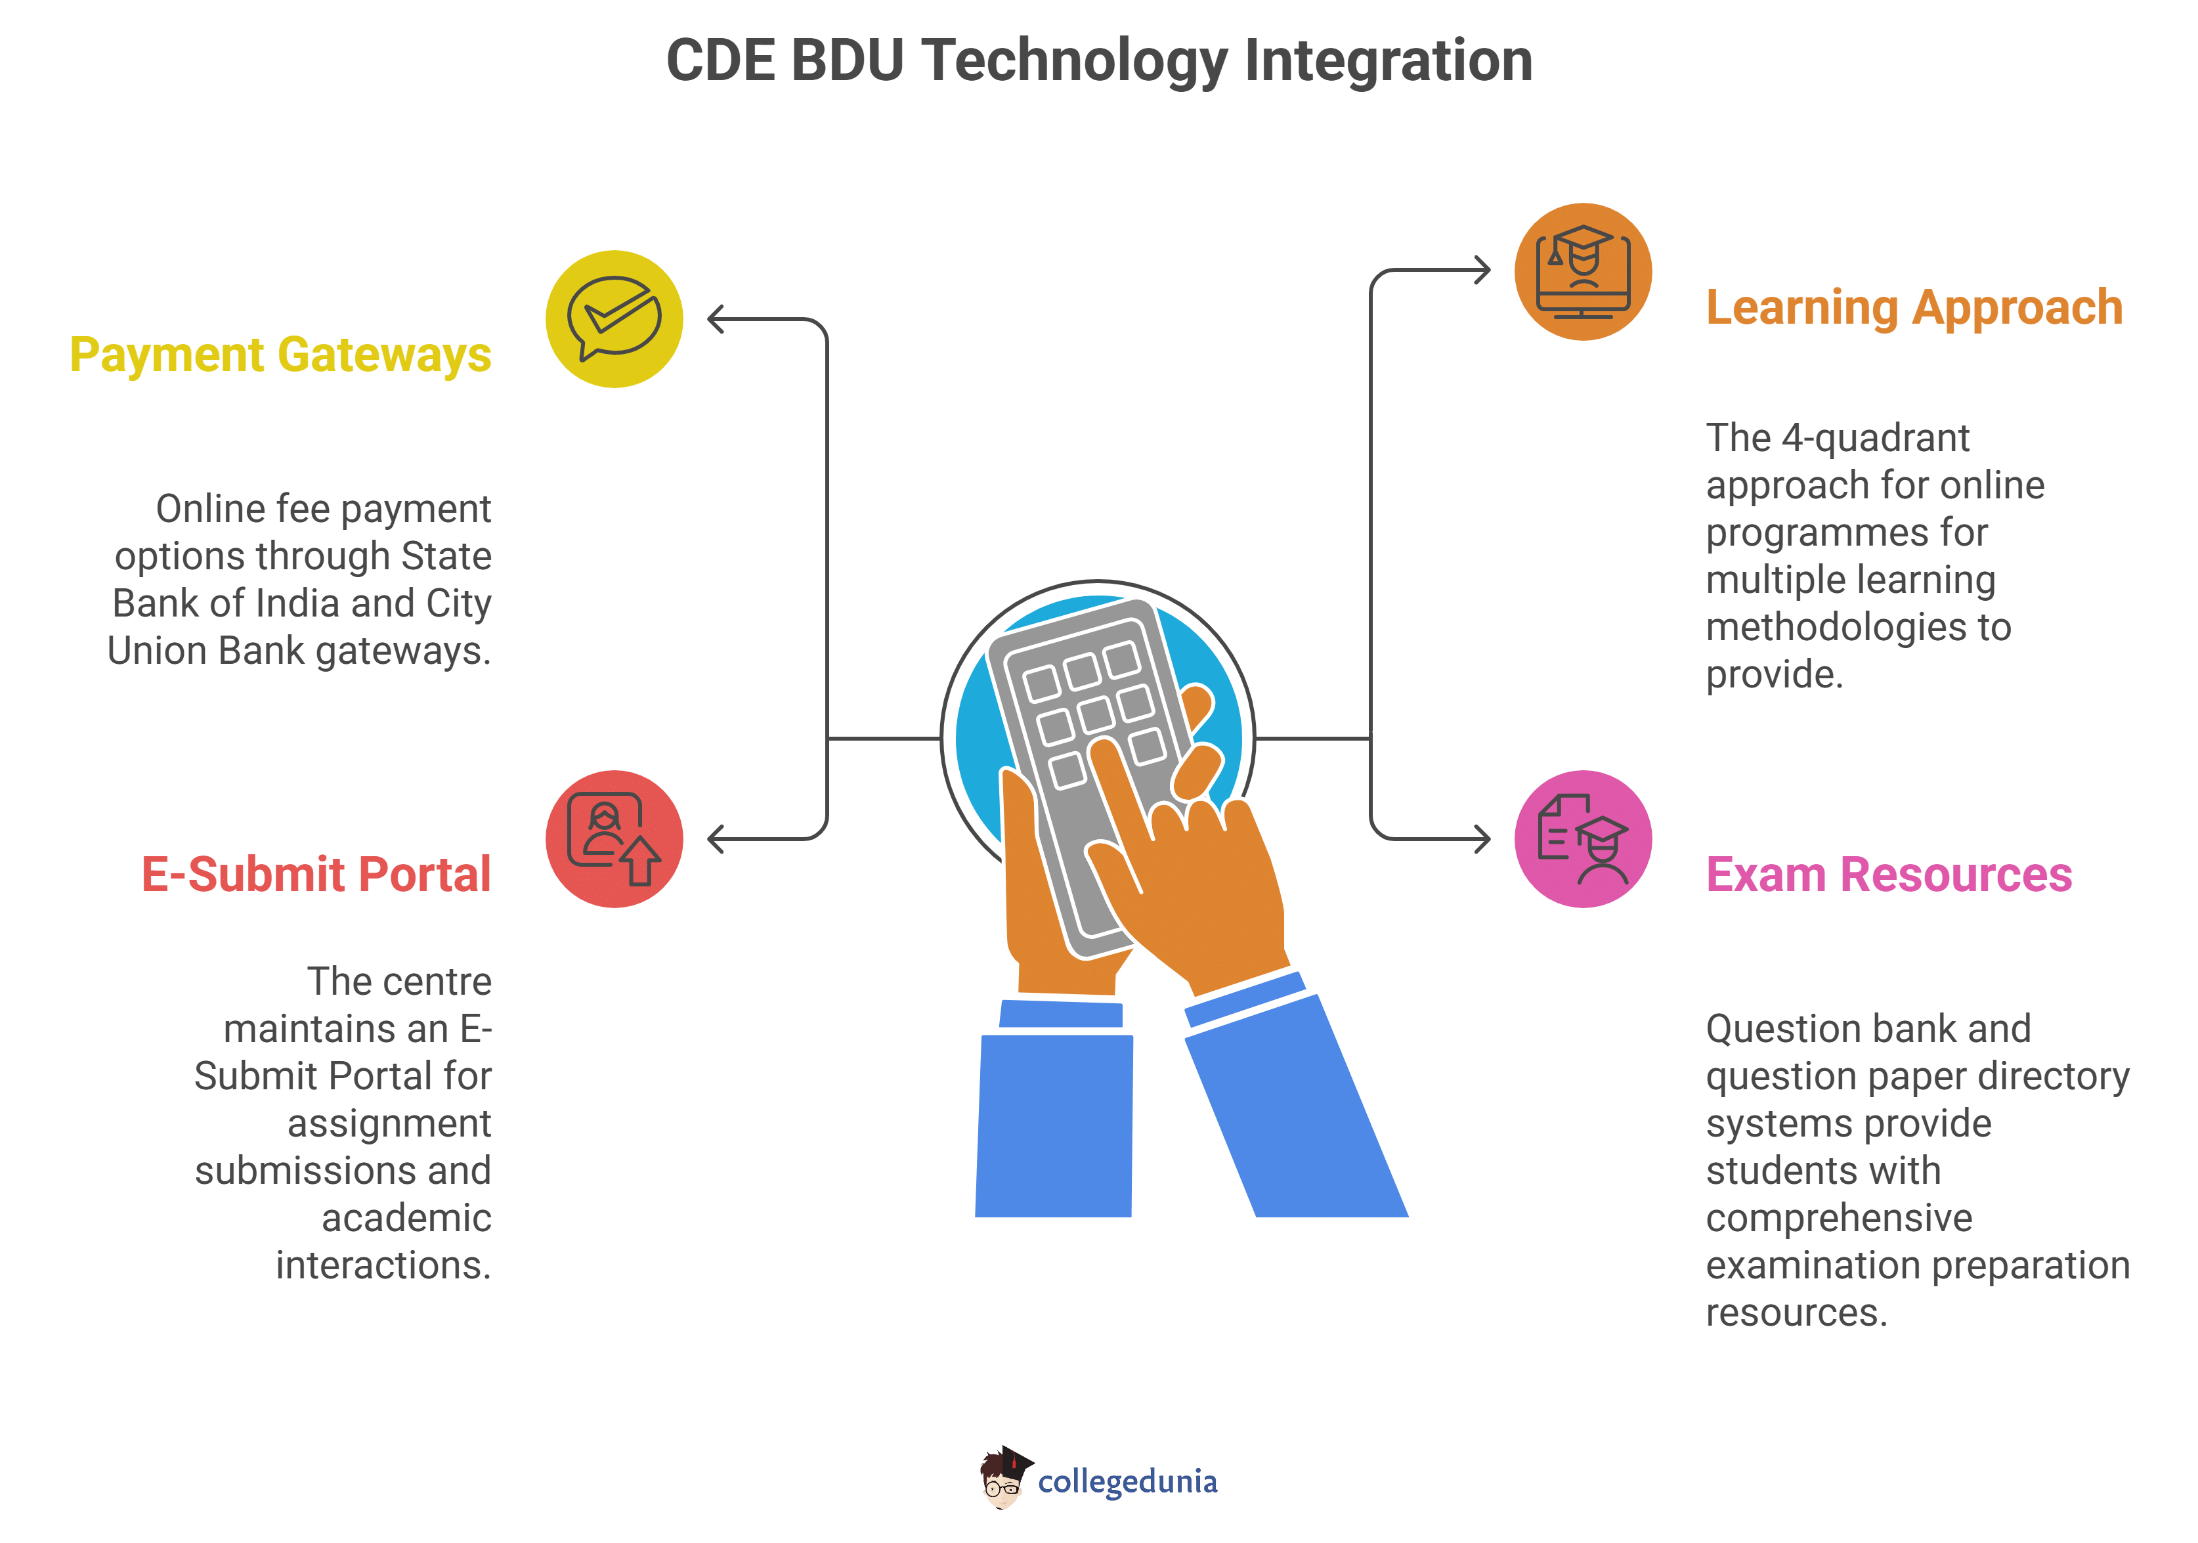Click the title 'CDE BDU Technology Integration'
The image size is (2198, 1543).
(1099, 61)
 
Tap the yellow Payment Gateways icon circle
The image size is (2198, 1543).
(614, 318)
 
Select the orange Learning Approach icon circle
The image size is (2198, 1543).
(1584, 272)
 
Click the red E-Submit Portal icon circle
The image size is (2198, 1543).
(614, 840)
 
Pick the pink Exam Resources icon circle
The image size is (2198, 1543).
(1584, 840)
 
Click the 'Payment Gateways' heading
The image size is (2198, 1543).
(280, 355)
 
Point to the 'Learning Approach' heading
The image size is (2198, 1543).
(1914, 308)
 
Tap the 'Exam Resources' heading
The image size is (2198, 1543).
(1889, 875)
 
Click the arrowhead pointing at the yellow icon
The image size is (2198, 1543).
(716, 318)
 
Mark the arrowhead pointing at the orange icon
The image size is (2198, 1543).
(1482, 271)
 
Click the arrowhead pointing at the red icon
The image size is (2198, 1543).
(716, 840)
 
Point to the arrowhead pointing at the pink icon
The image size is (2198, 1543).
(1482, 840)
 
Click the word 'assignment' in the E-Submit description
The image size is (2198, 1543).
(389, 1123)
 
